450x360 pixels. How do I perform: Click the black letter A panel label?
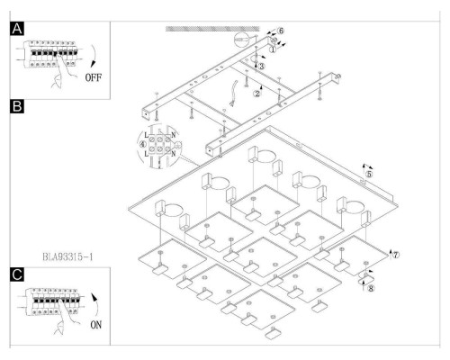click(x=17, y=29)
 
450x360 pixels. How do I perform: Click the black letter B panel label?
click(x=17, y=106)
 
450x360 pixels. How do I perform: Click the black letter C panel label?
click(x=17, y=274)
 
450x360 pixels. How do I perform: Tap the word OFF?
click(x=94, y=77)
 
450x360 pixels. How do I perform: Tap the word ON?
click(x=96, y=325)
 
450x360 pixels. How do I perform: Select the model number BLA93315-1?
click(x=67, y=257)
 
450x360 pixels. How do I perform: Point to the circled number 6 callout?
click(x=280, y=31)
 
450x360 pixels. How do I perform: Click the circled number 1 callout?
click(x=273, y=49)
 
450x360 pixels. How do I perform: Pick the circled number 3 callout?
click(x=262, y=67)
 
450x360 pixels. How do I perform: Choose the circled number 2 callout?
click(x=257, y=94)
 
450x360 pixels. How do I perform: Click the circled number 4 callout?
click(x=143, y=144)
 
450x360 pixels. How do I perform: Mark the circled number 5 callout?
click(x=369, y=174)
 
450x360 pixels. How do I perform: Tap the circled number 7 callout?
click(x=396, y=255)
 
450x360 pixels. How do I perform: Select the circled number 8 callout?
click(x=371, y=289)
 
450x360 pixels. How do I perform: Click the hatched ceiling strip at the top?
click(x=212, y=29)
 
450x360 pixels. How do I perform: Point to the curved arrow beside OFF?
click(x=94, y=56)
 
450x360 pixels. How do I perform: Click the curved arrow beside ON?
click(x=96, y=304)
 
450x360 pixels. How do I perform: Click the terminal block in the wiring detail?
click(x=159, y=144)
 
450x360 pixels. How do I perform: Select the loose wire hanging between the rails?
click(x=233, y=93)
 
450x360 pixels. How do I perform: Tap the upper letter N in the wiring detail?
click(x=173, y=135)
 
